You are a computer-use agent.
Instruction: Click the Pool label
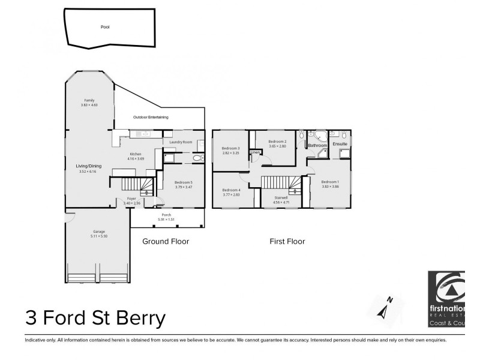click(x=105, y=27)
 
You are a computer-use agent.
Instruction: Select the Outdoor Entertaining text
click(x=151, y=117)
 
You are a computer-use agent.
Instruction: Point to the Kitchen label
click(x=136, y=154)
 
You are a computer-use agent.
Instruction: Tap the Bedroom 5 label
click(x=184, y=182)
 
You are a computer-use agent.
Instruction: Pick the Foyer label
click(x=131, y=199)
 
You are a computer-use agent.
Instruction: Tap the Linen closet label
click(x=256, y=153)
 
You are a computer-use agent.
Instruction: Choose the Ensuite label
click(x=340, y=145)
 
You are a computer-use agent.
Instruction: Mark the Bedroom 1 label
click(x=330, y=182)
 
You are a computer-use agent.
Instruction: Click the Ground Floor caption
click(x=166, y=242)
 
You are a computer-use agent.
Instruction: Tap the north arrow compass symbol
click(x=385, y=307)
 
